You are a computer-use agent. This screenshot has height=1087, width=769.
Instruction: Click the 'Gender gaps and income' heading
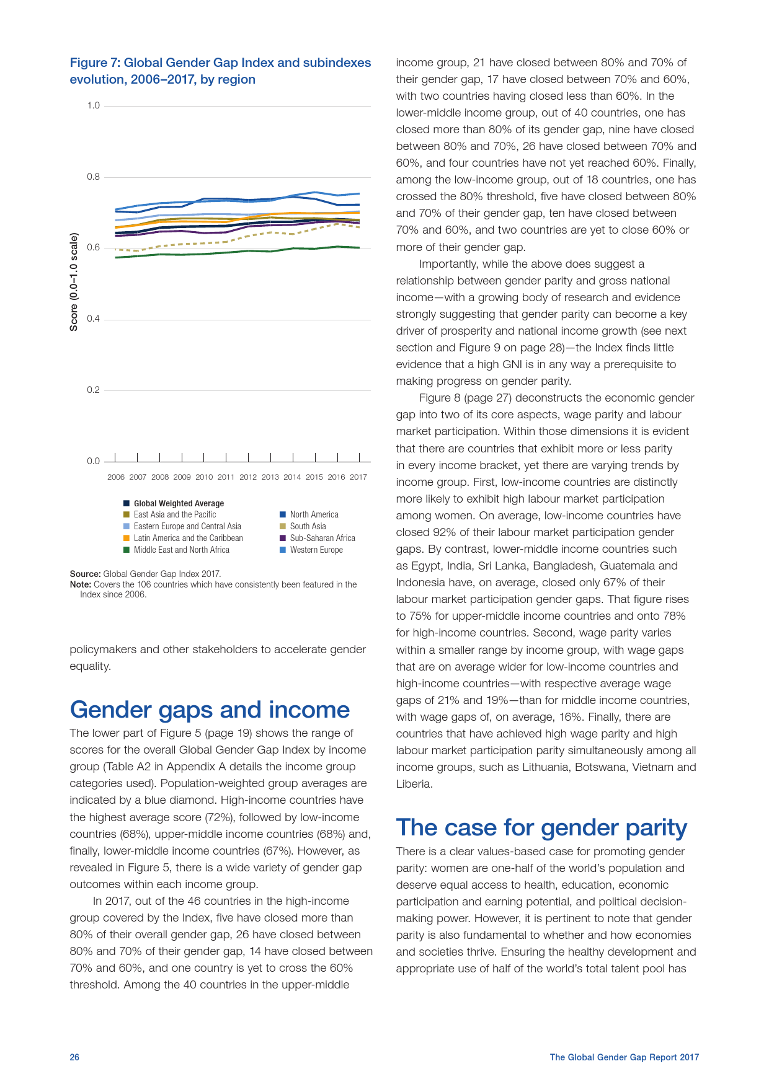(210, 710)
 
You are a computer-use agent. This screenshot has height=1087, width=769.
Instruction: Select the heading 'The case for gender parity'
(541, 828)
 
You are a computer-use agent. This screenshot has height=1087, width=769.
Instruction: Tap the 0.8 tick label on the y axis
(93, 177)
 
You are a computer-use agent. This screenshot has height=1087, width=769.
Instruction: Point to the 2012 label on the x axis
(248, 477)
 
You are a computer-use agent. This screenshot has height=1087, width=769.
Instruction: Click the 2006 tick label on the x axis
(116, 477)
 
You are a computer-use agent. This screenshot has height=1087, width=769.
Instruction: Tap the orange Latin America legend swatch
(127, 539)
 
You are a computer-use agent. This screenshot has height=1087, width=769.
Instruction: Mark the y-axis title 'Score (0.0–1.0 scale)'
(74, 282)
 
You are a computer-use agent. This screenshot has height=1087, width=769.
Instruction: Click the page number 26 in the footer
(74, 1057)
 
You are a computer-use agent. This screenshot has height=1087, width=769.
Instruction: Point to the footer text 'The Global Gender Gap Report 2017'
(624, 1057)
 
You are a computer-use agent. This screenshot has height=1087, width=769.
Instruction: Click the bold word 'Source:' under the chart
(85, 574)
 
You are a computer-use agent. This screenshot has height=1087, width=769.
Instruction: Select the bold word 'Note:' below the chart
(80, 584)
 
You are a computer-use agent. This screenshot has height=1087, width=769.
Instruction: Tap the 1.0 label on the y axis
(93, 105)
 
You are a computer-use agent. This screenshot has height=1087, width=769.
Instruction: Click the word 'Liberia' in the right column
(414, 784)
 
